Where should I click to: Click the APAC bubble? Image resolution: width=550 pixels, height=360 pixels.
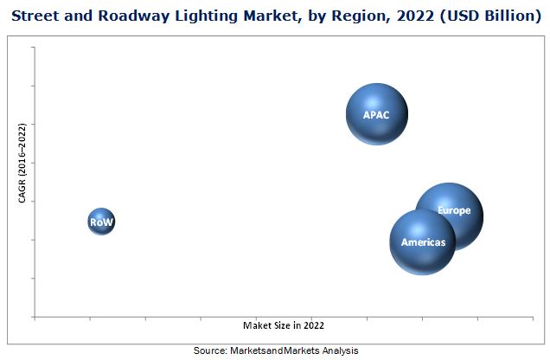377,113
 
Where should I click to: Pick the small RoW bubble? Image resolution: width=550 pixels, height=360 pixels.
101,222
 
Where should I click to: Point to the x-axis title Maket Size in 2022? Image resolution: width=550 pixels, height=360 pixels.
284,325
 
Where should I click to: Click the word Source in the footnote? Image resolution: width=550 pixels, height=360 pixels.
209,350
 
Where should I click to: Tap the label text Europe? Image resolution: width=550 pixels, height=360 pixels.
454,210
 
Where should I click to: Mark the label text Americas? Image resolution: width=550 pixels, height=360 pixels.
423,242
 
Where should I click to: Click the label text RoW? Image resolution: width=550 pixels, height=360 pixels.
101,222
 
